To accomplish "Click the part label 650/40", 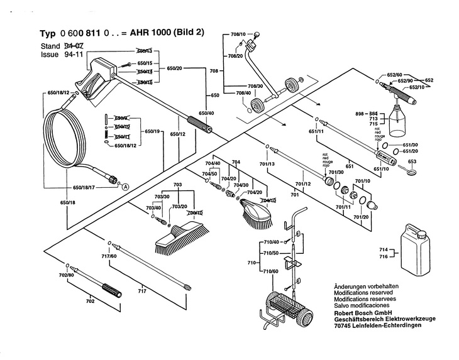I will pyautogui.click(x=206, y=112).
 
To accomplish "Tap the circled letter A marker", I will pyautogui.click(x=125, y=186).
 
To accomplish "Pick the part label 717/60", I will pyautogui.click(x=109, y=256).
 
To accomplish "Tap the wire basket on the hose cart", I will pyautogui.click(x=290, y=307).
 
